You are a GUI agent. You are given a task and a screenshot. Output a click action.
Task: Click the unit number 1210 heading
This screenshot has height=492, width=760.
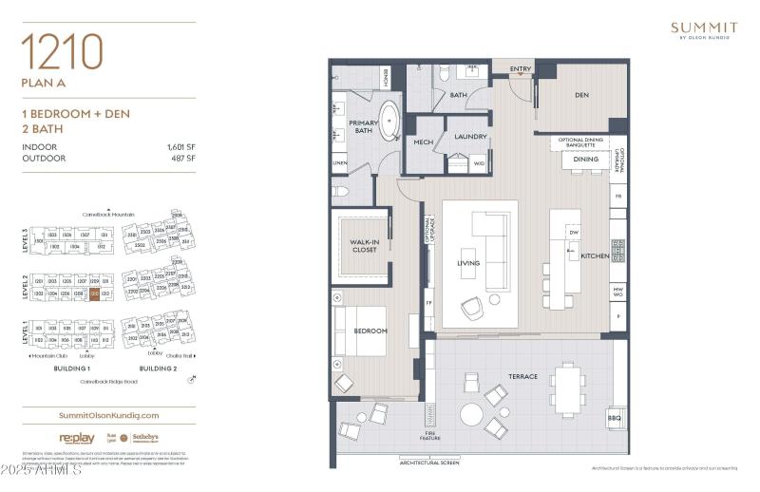pyautogui.click(x=62, y=51)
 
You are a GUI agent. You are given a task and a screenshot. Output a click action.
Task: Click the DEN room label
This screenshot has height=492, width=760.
pyautogui.click(x=582, y=95)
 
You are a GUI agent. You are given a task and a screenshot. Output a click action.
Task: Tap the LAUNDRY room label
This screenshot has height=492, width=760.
pyautogui.click(x=470, y=137)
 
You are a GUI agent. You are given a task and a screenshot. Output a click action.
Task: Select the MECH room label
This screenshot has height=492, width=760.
pyautogui.click(x=424, y=142)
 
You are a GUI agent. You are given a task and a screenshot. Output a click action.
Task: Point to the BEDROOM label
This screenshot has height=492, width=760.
pyautogui.click(x=370, y=331)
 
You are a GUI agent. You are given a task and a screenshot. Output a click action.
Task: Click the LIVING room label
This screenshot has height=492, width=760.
pyautogui.click(x=468, y=263)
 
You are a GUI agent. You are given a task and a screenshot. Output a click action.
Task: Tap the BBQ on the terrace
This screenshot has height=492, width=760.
pyautogui.click(x=615, y=418)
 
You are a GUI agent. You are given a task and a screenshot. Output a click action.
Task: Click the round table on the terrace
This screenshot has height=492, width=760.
pyautogui.click(x=472, y=415)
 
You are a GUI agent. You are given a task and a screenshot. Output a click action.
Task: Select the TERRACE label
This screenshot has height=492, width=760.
pyautogui.click(x=522, y=377)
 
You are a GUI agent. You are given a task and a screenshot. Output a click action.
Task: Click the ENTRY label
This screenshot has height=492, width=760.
pyautogui.click(x=520, y=68)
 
